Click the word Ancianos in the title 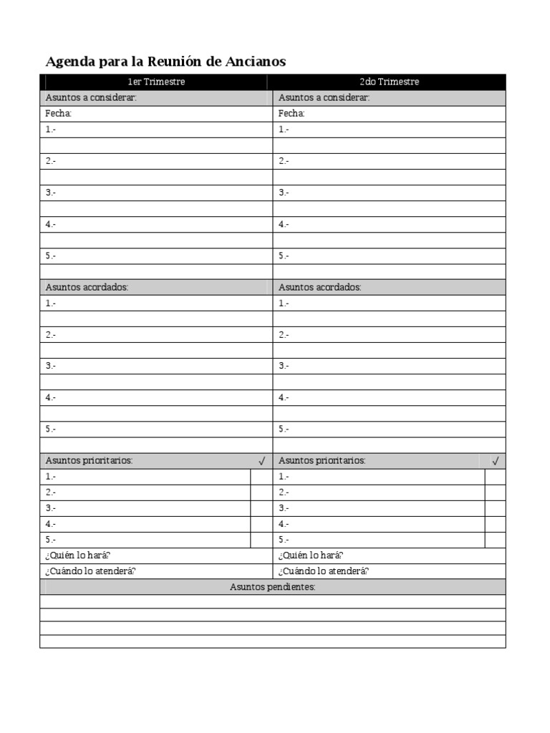pos(256,62)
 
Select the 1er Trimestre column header pos(156,82)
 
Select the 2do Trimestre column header pos(389,82)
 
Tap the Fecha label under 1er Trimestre pos(59,114)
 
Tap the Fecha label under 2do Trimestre pos(291,114)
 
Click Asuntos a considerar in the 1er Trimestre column pos(91,97)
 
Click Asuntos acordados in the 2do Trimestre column pos(320,287)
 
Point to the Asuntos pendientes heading pos(273,587)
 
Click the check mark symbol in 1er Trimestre pos(261,461)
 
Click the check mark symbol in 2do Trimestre pos(495,461)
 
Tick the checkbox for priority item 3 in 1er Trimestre pos(261,508)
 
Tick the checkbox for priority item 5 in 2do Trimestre pos(495,540)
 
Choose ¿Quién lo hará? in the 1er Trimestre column pos(78,555)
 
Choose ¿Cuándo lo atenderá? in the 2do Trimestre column pos(324,571)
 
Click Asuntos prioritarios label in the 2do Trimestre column pos(322,461)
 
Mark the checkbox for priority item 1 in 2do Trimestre pos(495,477)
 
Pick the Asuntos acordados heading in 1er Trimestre pos(87,287)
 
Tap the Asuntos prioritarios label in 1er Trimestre pos(89,461)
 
